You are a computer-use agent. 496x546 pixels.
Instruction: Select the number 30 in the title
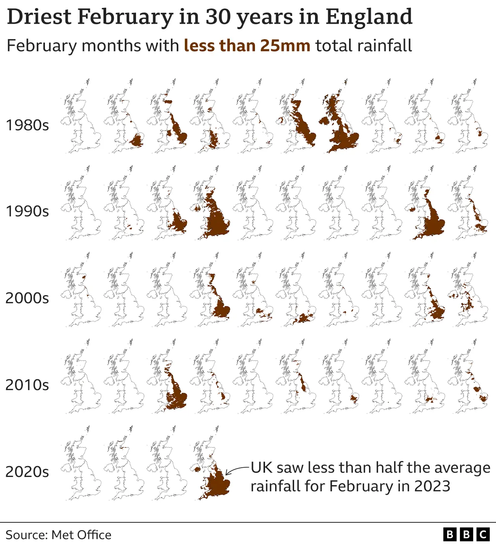pyautogui.click(x=217, y=17)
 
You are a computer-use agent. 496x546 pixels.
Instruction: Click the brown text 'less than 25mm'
pyautogui.click(x=247, y=46)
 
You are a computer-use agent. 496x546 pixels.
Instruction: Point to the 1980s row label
pyautogui.click(x=27, y=125)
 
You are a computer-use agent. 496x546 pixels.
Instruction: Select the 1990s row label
pyautogui.click(x=27, y=211)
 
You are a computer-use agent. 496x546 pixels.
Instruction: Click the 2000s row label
pyautogui.click(x=27, y=298)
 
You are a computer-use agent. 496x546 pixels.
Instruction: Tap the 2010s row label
pyautogui.click(x=27, y=385)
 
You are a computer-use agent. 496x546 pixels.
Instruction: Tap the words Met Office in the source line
pyautogui.click(x=81, y=535)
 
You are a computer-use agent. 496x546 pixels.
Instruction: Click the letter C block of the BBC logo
pyautogui.click(x=483, y=535)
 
